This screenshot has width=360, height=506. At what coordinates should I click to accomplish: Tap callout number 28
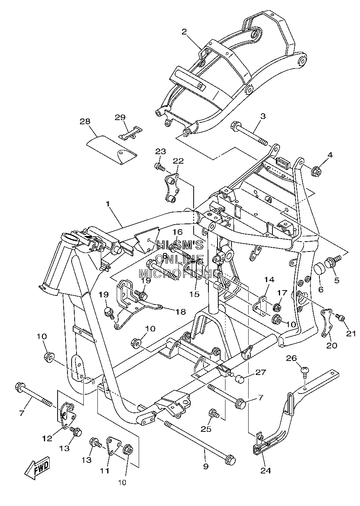[85, 121]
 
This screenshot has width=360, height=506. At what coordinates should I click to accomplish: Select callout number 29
[120, 117]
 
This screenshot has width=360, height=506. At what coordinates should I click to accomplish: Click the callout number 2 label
[184, 32]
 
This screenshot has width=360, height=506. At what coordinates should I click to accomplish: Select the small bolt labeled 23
[160, 167]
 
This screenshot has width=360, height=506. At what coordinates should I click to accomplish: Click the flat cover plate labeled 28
[112, 150]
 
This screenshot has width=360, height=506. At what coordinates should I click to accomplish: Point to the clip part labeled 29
[131, 133]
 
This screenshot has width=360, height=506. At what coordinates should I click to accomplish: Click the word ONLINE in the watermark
[180, 259]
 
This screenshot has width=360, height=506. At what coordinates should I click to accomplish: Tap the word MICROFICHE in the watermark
[180, 273]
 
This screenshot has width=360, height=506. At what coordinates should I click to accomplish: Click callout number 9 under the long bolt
[206, 466]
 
